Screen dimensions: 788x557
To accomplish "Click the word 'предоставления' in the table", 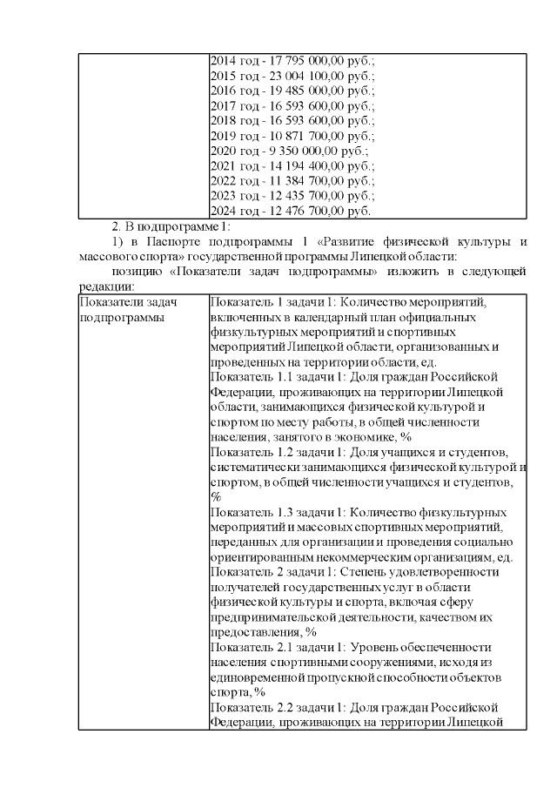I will [253, 632].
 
